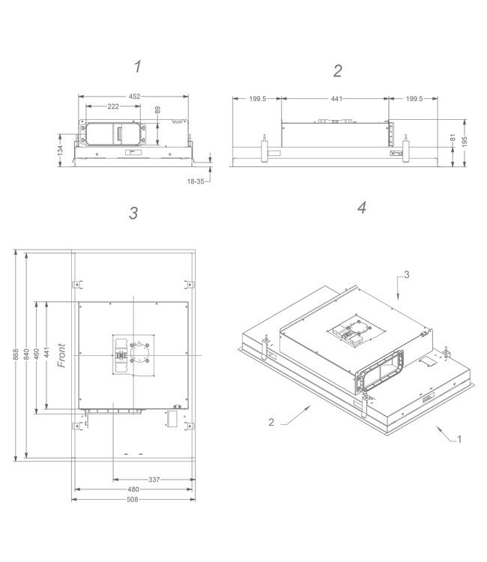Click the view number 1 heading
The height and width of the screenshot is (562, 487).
coord(137,67)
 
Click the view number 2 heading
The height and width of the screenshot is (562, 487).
coord(338,70)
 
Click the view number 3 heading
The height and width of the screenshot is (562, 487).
coord(133,213)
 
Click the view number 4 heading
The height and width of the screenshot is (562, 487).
coord(362,208)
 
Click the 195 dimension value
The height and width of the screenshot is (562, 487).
coord(465,142)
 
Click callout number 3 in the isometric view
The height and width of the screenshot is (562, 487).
coord(407,275)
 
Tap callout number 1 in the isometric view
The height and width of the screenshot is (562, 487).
coord(459,440)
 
